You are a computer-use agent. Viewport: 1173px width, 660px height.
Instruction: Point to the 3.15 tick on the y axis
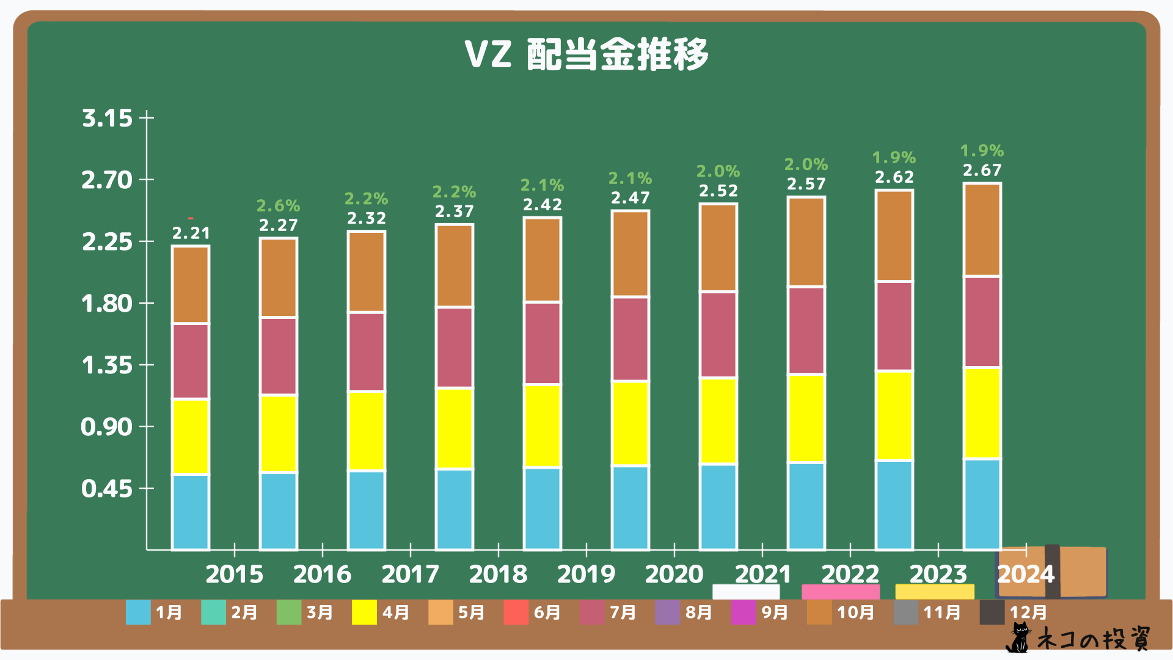point(107,117)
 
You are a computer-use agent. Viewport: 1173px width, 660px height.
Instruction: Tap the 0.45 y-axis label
point(107,488)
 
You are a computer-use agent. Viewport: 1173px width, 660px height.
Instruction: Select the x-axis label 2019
point(586,574)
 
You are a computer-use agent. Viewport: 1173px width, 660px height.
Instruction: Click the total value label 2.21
point(191,233)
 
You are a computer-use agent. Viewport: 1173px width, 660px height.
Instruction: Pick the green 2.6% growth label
point(278,205)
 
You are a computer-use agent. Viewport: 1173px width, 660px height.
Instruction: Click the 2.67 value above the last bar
point(982,170)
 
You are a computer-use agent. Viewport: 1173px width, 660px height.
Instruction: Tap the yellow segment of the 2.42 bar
point(543,425)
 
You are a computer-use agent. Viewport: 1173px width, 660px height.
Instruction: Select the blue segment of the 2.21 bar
point(191,512)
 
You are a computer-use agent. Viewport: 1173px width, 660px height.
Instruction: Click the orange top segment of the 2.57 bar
point(806,241)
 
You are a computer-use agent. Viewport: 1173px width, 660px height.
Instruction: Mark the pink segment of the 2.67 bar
point(982,321)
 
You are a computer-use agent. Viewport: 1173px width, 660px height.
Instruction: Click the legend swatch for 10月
point(819,612)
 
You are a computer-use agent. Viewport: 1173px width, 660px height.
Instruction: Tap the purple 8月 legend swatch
point(667,612)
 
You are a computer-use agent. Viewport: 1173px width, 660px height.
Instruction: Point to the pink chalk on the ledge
point(841,592)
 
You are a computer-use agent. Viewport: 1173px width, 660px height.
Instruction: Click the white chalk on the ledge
point(746,592)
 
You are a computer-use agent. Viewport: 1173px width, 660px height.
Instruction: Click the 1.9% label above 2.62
point(894,157)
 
